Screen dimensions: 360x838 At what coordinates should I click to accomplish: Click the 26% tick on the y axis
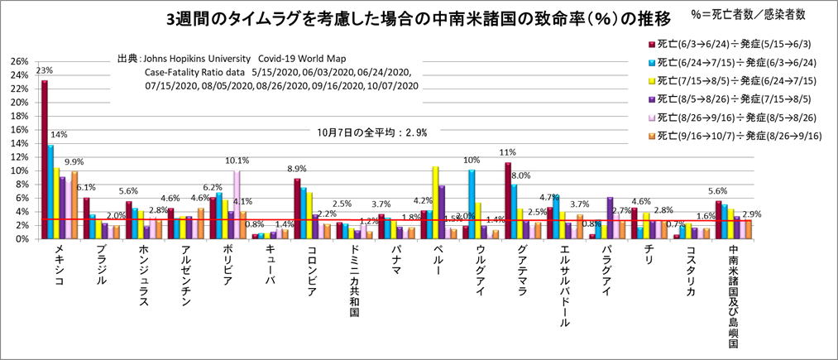19,62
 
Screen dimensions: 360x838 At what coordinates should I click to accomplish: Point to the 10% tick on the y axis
19,170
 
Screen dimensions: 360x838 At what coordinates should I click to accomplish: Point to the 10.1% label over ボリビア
237,161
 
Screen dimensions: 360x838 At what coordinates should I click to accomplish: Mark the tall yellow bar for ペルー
435,202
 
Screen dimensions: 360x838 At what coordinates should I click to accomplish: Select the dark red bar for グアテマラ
508,199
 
